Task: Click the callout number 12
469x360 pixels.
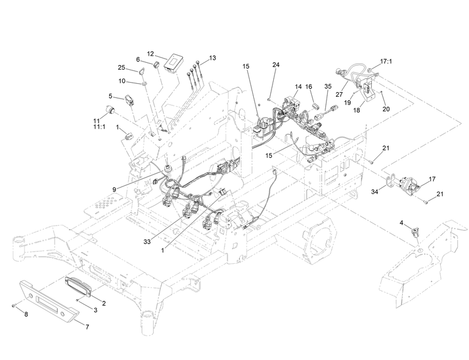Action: pos(151,53)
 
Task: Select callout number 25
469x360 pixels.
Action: pos(121,67)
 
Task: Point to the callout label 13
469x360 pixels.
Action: pos(212,57)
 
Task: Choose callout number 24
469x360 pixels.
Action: pos(276,65)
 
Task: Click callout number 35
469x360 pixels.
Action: pos(328,86)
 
